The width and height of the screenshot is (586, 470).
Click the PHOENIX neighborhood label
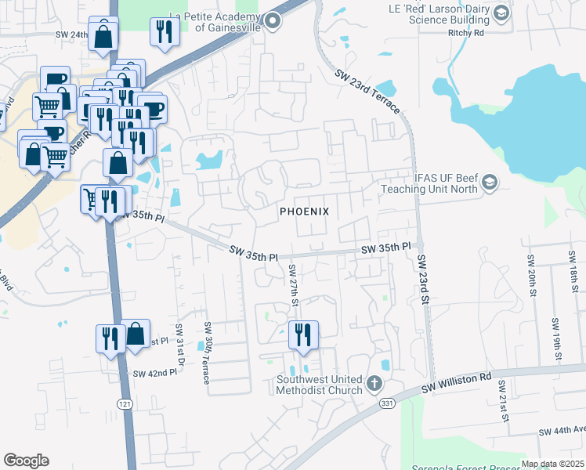[305, 212]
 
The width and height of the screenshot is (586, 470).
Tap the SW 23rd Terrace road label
[367, 92]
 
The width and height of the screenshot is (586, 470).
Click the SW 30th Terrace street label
[208, 352]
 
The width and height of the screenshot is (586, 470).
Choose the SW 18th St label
[575, 279]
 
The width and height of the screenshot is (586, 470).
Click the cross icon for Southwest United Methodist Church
[374, 385]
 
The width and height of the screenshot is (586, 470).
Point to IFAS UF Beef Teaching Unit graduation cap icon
[490, 183]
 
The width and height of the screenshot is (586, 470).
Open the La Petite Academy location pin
[273, 21]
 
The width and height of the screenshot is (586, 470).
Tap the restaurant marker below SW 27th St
[302, 334]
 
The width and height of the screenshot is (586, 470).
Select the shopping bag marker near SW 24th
[103, 35]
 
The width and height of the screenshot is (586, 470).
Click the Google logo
[26, 461]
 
